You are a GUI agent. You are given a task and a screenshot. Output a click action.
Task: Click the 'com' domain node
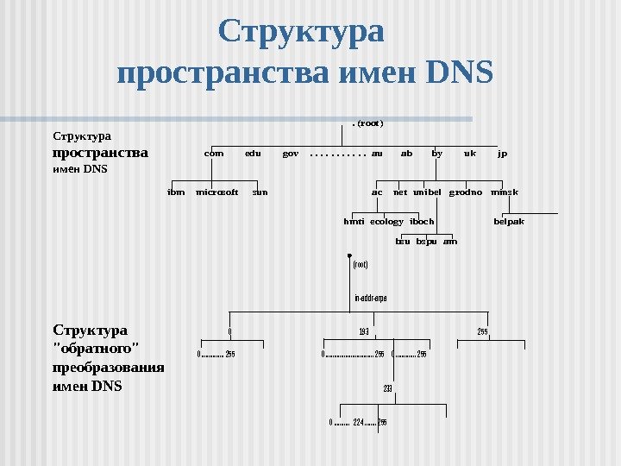coord(214,154)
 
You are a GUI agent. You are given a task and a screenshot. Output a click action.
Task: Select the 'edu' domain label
coord(253,154)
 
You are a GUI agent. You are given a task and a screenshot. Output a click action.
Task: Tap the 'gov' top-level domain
coord(291,154)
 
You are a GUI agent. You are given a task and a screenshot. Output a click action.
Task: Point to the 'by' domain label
coord(436,154)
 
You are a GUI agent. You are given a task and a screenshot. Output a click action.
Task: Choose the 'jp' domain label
coord(503,154)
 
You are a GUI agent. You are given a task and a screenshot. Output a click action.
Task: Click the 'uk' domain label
coord(470,154)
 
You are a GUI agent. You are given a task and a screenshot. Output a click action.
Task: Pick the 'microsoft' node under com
coord(217,192)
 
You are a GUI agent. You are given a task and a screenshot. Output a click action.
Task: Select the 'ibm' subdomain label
coord(176,192)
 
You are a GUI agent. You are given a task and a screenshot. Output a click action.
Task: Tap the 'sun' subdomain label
coord(260,192)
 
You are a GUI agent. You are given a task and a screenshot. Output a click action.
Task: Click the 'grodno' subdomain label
coord(466,192)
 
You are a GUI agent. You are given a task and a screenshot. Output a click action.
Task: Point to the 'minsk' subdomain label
coord(505,192)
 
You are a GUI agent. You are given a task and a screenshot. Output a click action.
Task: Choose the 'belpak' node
coord(509,222)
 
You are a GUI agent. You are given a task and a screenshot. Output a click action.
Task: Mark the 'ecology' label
coord(386,222)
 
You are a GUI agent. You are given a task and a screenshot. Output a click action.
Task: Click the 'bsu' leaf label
coord(403,242)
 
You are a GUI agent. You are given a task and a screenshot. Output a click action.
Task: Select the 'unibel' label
coord(427,192)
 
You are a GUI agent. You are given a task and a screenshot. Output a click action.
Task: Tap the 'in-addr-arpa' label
coord(371,298)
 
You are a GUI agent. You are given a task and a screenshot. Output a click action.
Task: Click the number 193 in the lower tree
coord(364,331)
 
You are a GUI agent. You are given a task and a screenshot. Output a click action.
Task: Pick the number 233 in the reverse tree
coord(388,389)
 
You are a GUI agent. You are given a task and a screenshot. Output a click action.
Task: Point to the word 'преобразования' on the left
coord(109,369)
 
